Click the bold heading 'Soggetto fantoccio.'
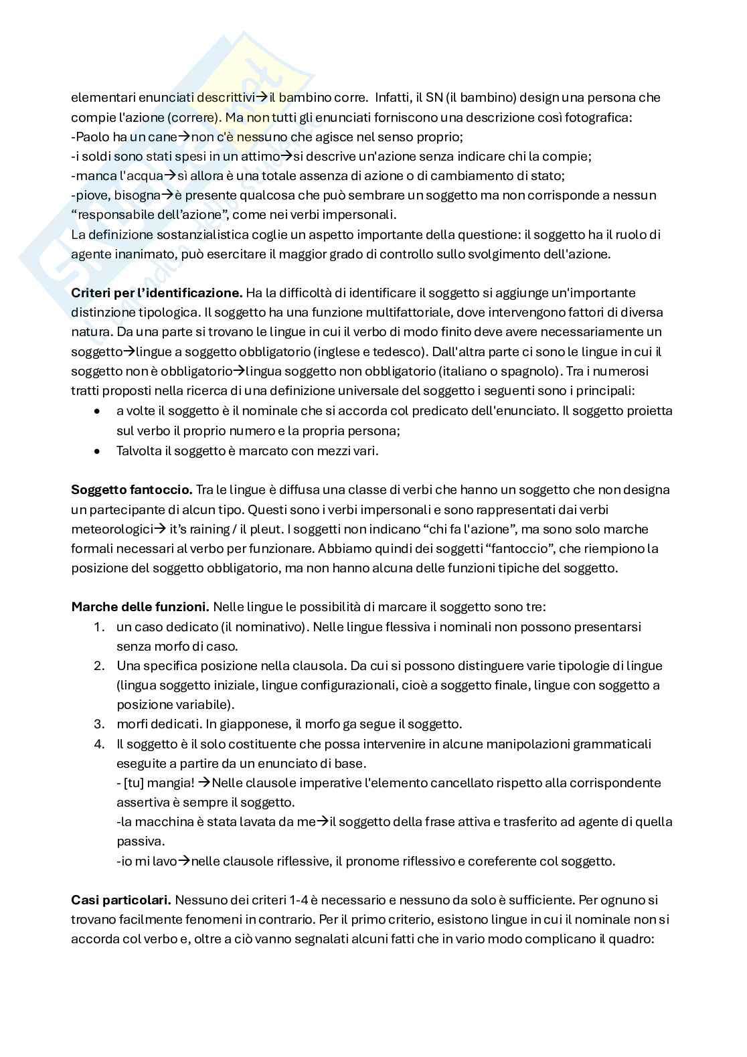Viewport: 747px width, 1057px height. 132,490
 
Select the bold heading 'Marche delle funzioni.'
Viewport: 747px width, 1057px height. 140,608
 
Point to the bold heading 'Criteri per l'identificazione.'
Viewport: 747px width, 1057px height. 157,293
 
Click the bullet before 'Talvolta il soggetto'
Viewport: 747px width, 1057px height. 98,451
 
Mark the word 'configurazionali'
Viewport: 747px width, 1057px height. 371,685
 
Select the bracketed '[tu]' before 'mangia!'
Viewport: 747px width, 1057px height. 134,783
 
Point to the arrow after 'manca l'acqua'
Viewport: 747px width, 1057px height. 169,176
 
